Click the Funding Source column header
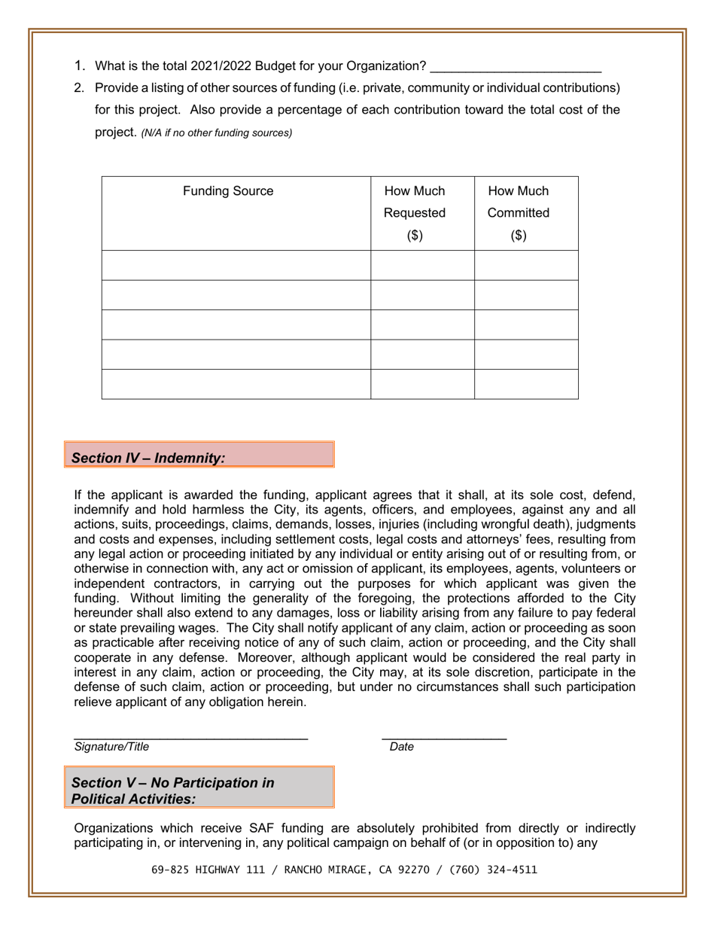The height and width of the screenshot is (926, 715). click(x=229, y=191)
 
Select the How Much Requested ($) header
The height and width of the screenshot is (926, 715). click(x=415, y=213)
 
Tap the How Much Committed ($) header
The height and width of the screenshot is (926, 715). click(x=519, y=213)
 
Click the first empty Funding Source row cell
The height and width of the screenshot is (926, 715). click(x=236, y=266)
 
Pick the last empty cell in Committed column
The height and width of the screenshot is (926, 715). click(x=526, y=384)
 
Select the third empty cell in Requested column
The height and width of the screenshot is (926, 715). click(x=422, y=324)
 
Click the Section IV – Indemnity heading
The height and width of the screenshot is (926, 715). click(x=148, y=458)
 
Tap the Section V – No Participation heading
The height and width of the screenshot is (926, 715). click(x=172, y=790)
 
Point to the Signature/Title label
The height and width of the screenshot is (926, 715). click(x=111, y=748)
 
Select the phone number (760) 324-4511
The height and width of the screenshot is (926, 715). click(x=493, y=869)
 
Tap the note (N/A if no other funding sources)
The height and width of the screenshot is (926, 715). click(x=217, y=134)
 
